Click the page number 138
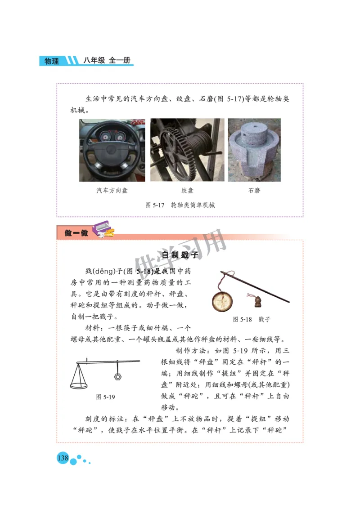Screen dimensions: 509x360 point(62,458)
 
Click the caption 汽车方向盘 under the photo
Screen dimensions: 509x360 point(112,190)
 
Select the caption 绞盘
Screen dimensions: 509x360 point(187,190)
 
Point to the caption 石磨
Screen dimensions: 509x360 point(254,190)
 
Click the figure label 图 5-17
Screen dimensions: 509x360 point(154,205)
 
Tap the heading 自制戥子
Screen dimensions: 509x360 point(180,255)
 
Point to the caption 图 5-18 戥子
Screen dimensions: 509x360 point(252,319)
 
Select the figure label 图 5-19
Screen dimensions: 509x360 point(106,397)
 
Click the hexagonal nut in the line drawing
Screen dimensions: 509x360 point(117,375)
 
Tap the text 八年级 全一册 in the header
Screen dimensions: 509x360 point(108,60)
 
